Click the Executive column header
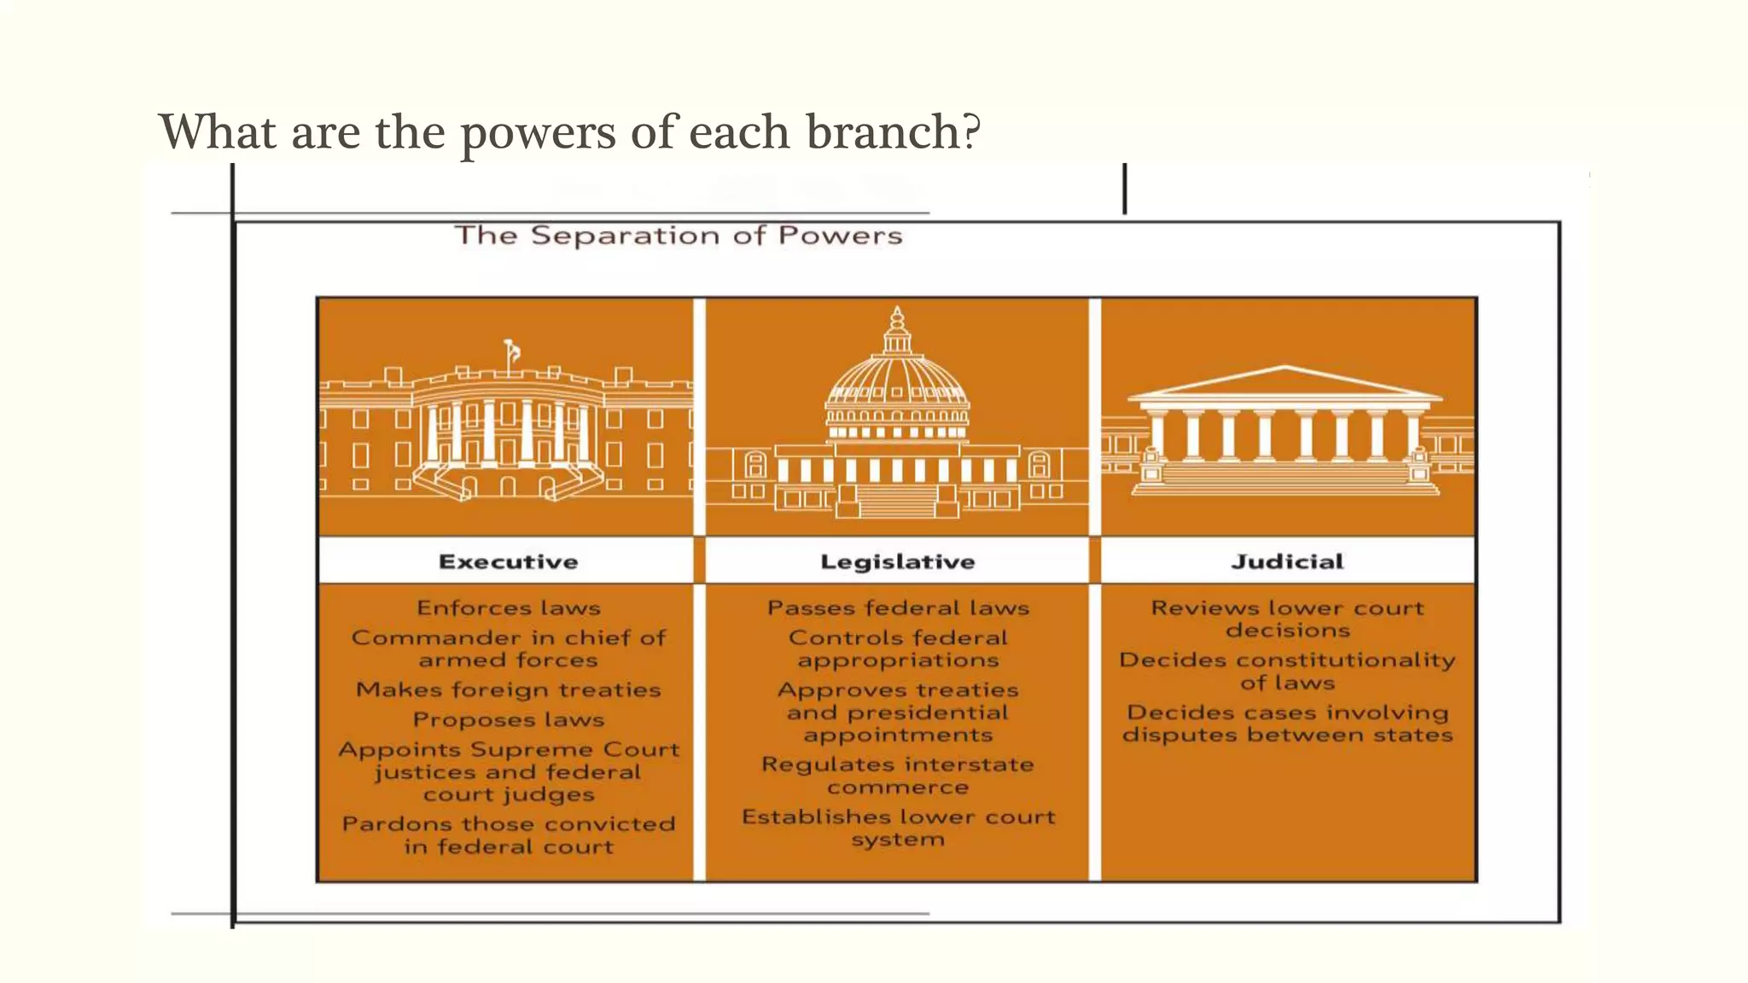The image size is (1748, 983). [x=508, y=561]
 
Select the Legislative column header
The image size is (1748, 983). [x=897, y=561]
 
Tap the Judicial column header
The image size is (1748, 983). [x=1287, y=561]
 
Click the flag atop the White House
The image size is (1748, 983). [x=512, y=350]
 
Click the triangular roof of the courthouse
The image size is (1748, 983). [x=1285, y=381]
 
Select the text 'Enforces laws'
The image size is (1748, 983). [x=508, y=608]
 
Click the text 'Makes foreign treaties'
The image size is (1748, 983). [x=508, y=689]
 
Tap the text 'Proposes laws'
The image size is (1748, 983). [x=508, y=720]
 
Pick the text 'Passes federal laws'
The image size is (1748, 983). [x=898, y=608]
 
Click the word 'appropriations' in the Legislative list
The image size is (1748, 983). [x=898, y=660]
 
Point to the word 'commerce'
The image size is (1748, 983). [x=898, y=788]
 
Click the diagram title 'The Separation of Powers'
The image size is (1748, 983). [x=678, y=236]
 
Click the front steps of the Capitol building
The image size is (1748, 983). [x=896, y=500]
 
